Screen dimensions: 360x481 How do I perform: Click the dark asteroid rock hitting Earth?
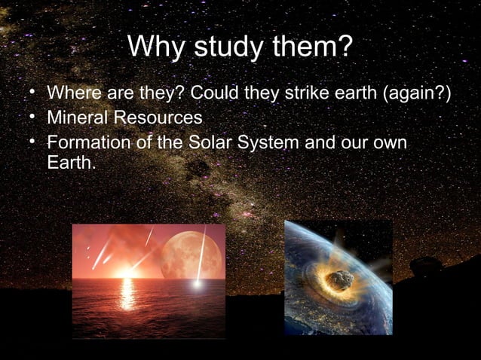pos(342,280)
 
